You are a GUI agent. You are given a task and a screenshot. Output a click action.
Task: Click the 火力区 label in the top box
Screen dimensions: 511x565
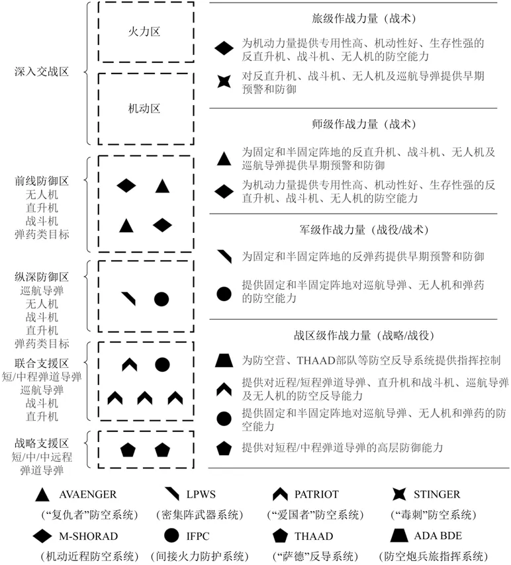point(145,31)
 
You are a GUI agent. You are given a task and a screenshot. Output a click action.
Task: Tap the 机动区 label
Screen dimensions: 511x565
point(145,108)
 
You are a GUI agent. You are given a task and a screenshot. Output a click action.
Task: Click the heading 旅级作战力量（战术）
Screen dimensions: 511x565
point(363,19)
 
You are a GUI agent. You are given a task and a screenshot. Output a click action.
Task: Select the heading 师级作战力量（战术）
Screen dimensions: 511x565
point(363,124)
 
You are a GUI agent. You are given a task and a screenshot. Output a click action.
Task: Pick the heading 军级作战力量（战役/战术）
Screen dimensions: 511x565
point(363,230)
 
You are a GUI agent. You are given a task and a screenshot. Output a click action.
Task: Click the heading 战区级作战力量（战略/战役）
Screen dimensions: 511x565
point(363,335)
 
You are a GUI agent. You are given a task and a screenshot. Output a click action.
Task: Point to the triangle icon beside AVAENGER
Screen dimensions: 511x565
point(42,494)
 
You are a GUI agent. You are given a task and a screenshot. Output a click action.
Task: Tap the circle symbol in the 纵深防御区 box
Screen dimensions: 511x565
point(162,299)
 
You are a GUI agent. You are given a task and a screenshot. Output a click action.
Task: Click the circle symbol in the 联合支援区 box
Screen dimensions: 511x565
point(162,364)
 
